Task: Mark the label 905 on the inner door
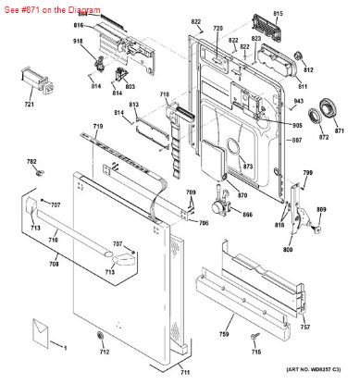click(x=296, y=125)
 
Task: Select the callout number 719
click(x=97, y=126)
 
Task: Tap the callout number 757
click(x=305, y=328)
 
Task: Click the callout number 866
click(x=246, y=215)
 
